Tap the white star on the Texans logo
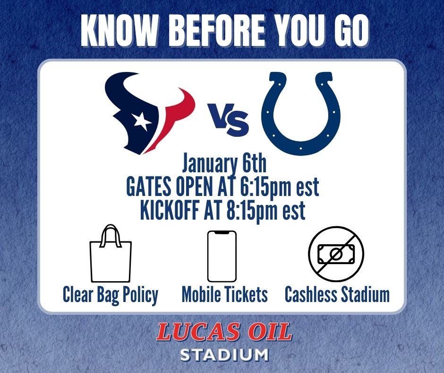141,121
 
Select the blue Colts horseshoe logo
301,114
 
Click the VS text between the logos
230,121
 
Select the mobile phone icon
222,256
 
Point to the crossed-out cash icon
336,255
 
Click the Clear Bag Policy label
111,295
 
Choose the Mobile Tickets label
225,295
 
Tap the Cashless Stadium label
337,295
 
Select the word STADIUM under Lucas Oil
225,355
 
